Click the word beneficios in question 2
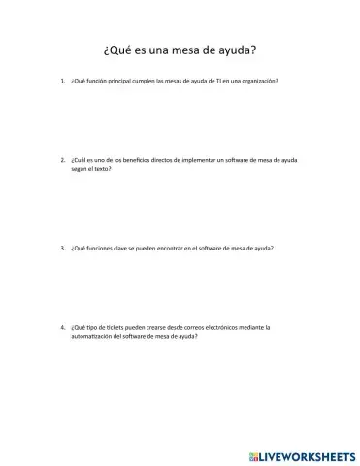point(137,155)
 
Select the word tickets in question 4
point(112,327)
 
